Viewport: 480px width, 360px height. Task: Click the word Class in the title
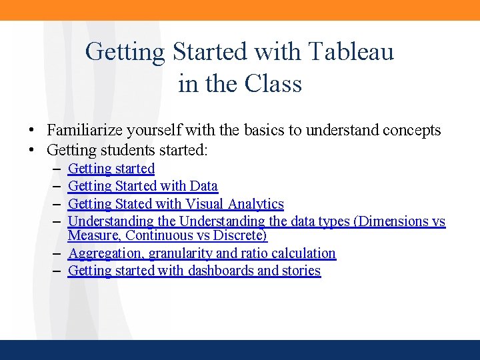(273, 84)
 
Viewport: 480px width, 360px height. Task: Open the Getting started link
(111, 169)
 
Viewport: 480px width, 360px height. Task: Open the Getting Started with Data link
(143, 186)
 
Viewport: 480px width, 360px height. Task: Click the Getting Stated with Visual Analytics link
(175, 204)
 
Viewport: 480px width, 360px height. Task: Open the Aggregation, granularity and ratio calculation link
(201, 253)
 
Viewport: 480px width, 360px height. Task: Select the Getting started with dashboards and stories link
(194, 271)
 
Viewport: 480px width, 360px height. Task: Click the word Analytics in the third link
(256, 204)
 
